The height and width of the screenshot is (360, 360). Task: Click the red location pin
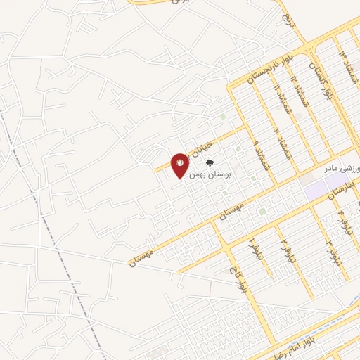click(180, 165)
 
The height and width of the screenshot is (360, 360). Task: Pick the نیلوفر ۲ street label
click(285, 246)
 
